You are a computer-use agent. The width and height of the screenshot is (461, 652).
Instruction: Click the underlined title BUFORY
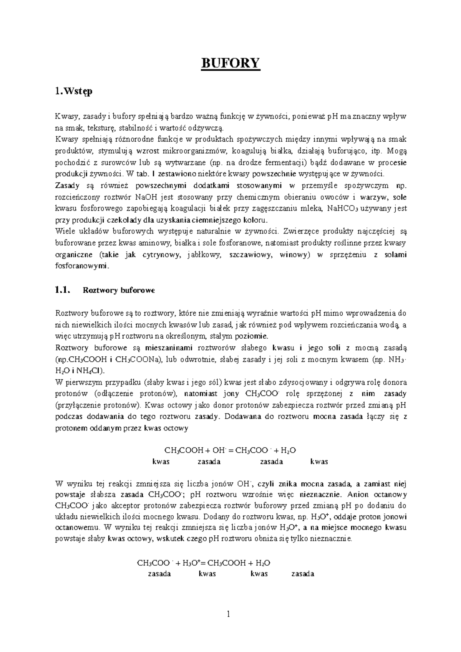(x=231, y=63)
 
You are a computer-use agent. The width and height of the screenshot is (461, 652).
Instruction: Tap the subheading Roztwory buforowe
(x=119, y=290)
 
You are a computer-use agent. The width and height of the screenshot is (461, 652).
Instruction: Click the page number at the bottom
(x=229, y=615)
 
